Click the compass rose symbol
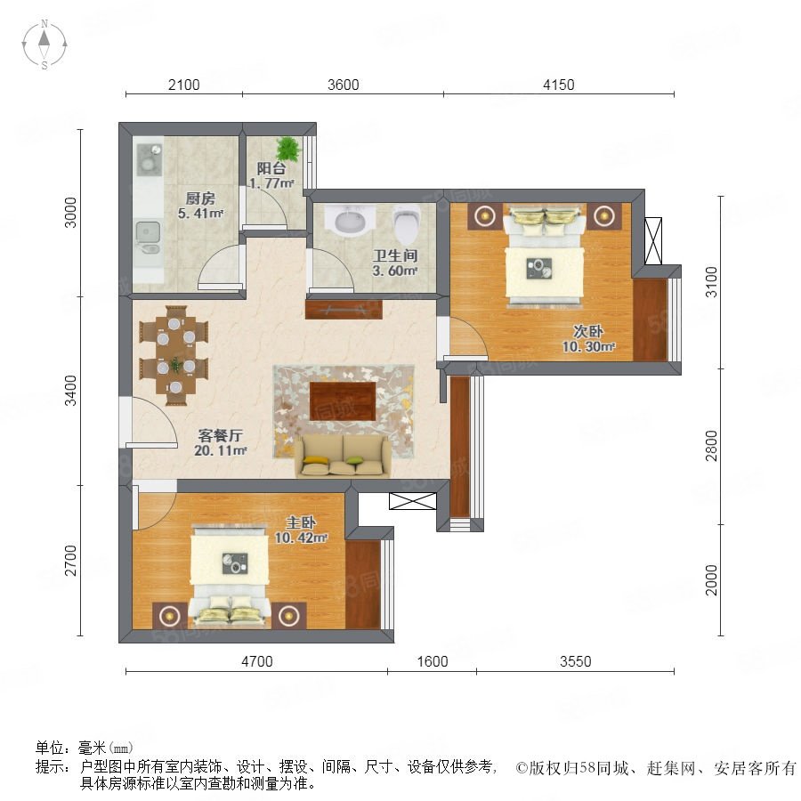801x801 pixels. [44, 44]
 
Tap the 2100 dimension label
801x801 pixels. [184, 85]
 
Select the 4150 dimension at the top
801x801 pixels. [558, 85]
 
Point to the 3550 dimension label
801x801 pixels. [575, 661]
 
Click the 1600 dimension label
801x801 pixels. [433, 661]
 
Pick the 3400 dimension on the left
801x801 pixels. [71, 391]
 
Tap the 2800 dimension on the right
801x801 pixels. [711, 446]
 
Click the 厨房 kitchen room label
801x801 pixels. [200, 198]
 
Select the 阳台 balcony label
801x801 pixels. [271, 168]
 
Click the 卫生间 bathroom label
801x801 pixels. [395, 255]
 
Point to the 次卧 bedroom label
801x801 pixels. [588, 331]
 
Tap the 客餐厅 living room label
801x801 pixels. [220, 435]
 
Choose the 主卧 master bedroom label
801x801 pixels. [301, 522]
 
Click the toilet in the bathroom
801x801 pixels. [407, 224]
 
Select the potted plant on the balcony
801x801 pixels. [288, 149]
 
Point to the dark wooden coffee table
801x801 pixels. [343, 401]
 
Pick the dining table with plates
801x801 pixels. [175, 355]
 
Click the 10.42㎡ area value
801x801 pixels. [301, 538]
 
